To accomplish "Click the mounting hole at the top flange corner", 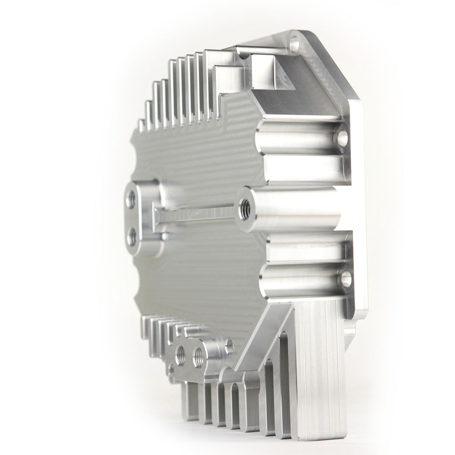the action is tap(295, 45).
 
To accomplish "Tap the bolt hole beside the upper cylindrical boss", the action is tap(343, 138).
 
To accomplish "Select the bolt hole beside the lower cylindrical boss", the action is tap(346, 279).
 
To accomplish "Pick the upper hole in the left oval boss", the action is tap(131, 200).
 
